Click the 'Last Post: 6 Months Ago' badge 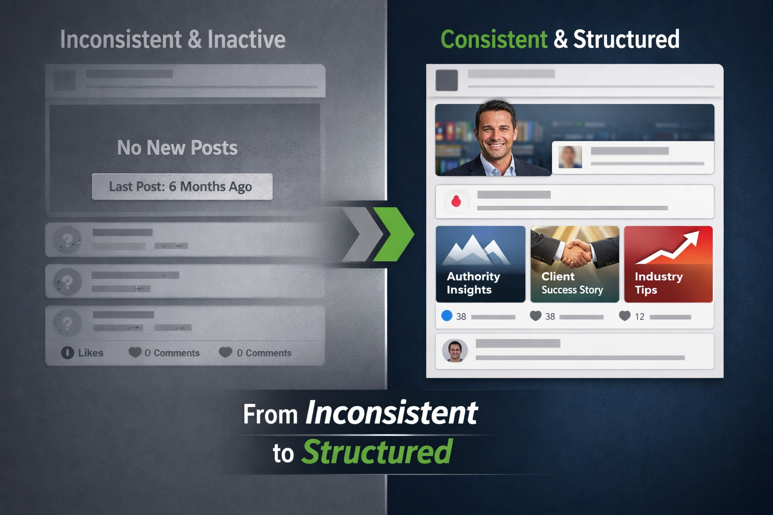pos(182,187)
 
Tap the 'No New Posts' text pos(177,148)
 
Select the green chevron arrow pos(394,234)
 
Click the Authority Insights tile pos(481,264)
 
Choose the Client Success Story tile pos(575,264)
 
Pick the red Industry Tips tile pos(668,264)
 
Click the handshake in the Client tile pos(575,250)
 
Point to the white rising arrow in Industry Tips pos(668,247)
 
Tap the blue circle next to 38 pos(447,316)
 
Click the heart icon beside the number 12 pos(625,316)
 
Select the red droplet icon pos(456,201)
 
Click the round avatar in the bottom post pos(455,351)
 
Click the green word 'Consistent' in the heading pos(494,39)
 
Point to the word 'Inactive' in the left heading pos(247,39)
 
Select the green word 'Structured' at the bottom pos(377,452)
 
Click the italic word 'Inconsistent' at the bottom pos(392,412)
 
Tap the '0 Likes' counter pos(82,353)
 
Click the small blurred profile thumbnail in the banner pos(570,157)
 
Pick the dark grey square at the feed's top pos(446,80)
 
